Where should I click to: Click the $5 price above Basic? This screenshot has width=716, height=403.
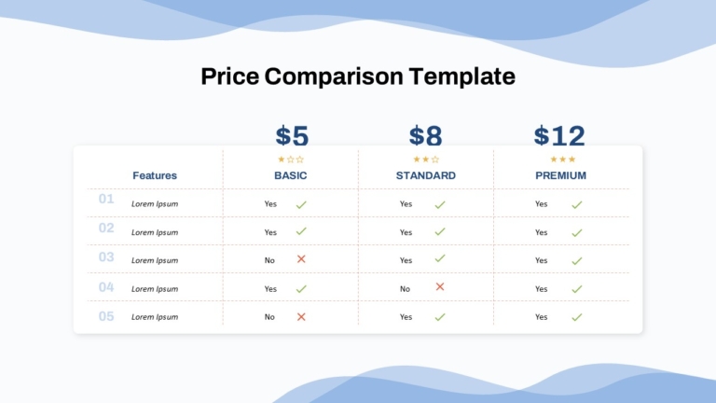click(292, 135)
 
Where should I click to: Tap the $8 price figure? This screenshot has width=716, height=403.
click(425, 135)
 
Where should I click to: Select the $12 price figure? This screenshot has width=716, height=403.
click(559, 135)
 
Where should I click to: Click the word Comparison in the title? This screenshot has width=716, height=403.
click(334, 76)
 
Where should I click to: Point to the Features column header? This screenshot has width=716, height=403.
click(155, 175)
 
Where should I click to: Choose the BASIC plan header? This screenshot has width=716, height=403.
click(291, 175)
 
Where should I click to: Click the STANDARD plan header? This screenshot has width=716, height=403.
click(425, 175)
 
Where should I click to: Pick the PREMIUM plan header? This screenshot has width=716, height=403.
click(560, 175)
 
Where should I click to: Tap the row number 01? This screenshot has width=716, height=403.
click(106, 199)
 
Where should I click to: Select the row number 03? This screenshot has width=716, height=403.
click(106, 257)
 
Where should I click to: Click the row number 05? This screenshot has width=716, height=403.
click(106, 316)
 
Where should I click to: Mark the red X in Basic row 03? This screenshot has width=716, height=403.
click(301, 259)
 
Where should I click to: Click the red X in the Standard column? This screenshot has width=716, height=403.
click(440, 286)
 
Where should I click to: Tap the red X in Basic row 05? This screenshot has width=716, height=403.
click(301, 316)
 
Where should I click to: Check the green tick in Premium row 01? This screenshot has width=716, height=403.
click(577, 204)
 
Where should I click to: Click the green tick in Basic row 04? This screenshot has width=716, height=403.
click(301, 289)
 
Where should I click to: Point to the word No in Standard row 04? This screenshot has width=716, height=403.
click(405, 289)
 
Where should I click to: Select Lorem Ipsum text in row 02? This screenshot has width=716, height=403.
click(155, 232)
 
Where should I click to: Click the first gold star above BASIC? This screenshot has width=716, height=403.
click(282, 159)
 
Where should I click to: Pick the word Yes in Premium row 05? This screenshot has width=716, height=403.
click(541, 317)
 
